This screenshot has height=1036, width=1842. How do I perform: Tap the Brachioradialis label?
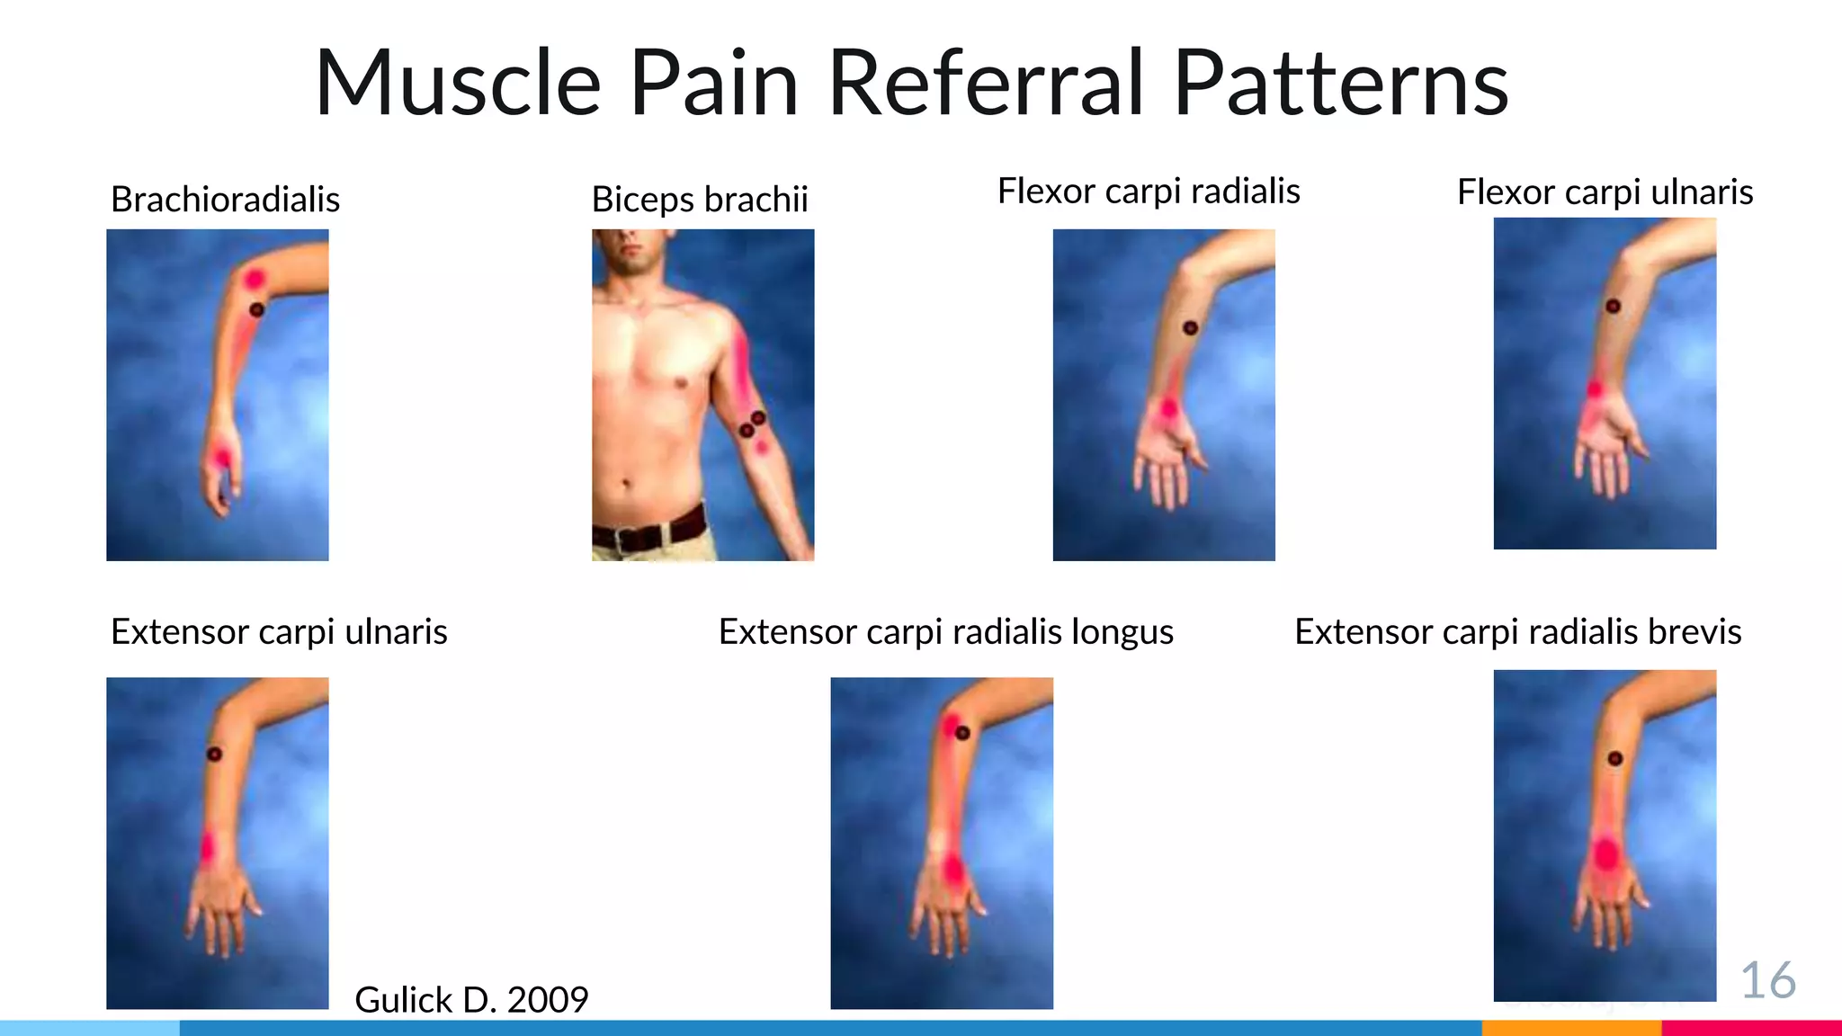(x=225, y=200)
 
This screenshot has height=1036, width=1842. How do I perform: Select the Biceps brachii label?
(x=700, y=200)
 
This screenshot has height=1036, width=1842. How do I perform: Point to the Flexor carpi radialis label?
(x=1149, y=192)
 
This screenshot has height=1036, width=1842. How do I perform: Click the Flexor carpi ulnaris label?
(x=1605, y=192)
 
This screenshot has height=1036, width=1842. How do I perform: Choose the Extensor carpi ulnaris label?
(x=279, y=632)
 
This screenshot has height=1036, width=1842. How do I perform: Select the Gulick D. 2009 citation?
(x=471, y=1000)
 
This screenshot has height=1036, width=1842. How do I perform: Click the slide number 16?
(x=1767, y=980)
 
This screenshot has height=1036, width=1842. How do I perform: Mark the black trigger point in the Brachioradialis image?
(x=256, y=309)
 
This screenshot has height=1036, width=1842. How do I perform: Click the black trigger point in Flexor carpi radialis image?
(x=1190, y=328)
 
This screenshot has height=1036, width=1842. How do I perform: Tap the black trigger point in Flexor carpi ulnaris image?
(x=1613, y=307)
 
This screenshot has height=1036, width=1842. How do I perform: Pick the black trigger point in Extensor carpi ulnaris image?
(x=214, y=754)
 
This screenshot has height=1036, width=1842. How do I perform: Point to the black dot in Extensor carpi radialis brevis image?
(x=1614, y=759)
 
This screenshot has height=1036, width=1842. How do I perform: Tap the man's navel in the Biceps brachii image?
(x=626, y=485)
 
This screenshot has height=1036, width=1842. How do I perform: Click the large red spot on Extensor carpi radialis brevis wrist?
(x=1605, y=853)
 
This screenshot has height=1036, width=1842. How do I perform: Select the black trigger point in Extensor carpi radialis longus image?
(x=962, y=733)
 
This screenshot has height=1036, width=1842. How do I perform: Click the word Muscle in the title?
(x=458, y=83)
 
